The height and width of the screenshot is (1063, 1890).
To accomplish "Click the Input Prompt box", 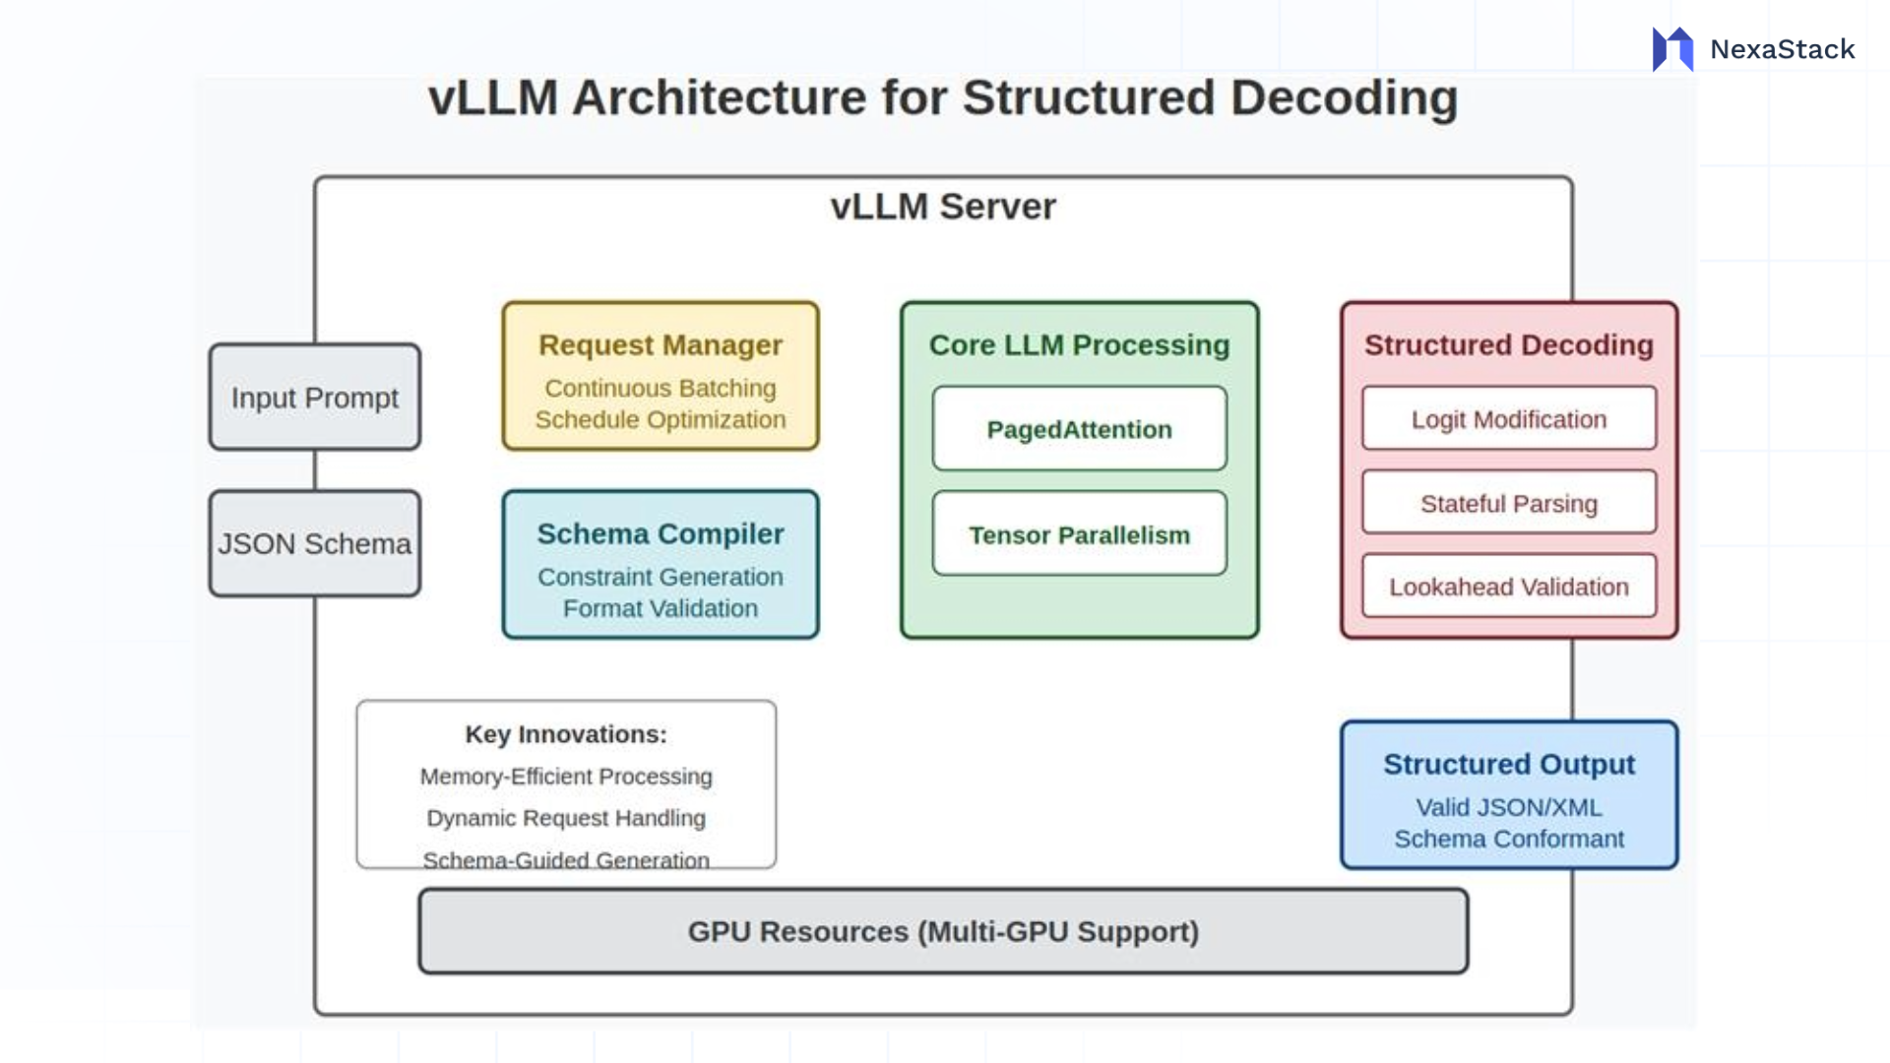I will [x=315, y=398].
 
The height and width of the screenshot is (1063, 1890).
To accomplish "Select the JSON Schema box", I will [x=315, y=543].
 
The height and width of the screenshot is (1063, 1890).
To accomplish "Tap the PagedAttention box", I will [x=1079, y=429].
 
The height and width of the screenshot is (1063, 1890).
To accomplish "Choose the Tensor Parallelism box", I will [x=1079, y=534].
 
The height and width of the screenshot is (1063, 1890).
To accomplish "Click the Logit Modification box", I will [x=1508, y=419].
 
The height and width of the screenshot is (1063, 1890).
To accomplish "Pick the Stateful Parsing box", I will [x=1508, y=503].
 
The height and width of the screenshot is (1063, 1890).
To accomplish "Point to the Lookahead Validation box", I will [x=1508, y=587].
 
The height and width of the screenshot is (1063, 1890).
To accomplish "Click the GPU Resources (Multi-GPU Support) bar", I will [x=943, y=931].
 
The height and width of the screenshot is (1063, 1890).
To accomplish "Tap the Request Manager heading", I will [x=661, y=345].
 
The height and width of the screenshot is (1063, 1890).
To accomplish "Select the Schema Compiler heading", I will [x=661, y=533].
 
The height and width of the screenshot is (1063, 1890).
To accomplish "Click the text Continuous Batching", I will [x=661, y=389].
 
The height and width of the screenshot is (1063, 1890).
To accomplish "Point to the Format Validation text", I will [x=661, y=608].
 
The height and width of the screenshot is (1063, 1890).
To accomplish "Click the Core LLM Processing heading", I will [x=1079, y=345].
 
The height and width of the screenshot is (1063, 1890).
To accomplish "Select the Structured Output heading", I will [x=1508, y=764].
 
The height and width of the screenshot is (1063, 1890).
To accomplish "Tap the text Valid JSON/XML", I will [x=1508, y=807].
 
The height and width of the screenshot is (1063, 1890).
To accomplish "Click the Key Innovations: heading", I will [x=566, y=734].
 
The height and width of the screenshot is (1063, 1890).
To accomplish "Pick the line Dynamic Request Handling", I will [x=566, y=818].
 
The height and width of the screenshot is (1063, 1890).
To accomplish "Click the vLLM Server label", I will [x=943, y=207].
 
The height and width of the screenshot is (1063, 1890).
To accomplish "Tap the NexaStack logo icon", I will [x=1672, y=49].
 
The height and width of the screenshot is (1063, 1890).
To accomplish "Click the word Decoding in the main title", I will [x=1344, y=98].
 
